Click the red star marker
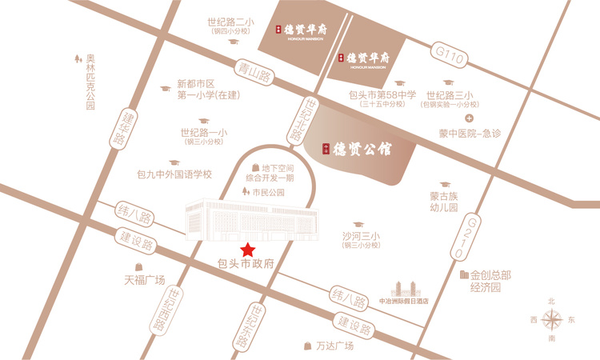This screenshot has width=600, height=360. (250, 249)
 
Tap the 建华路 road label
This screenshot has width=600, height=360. (121, 128)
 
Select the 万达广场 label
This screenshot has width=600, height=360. (334, 346)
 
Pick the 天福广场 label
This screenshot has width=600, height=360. (144, 280)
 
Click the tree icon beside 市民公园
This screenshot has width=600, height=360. (245, 192)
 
